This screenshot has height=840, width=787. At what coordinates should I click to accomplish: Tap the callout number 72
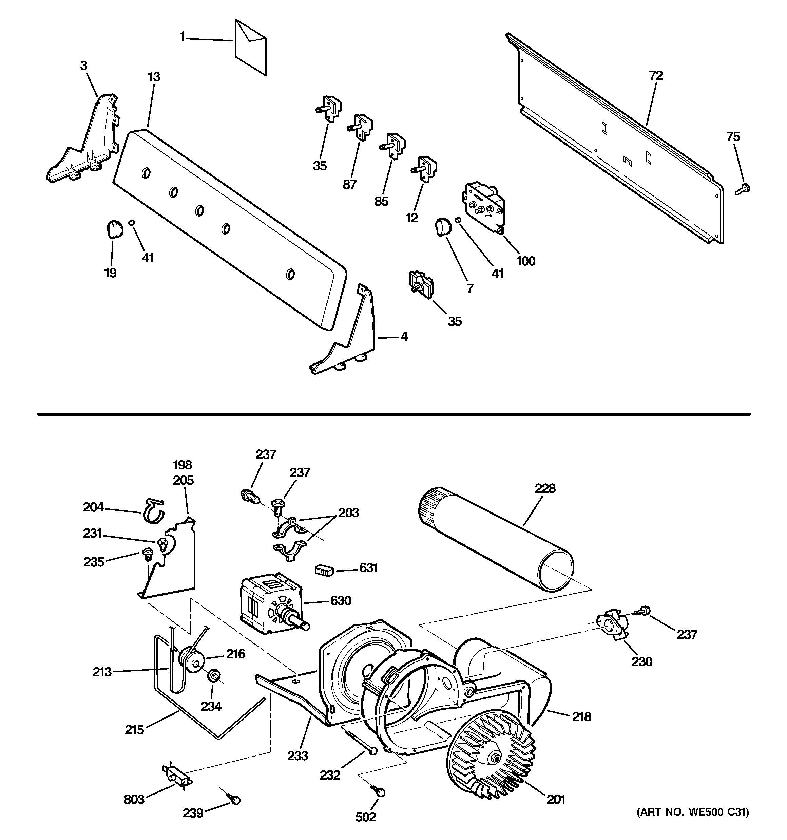656,76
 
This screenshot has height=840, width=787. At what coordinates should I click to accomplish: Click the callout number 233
298,755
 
